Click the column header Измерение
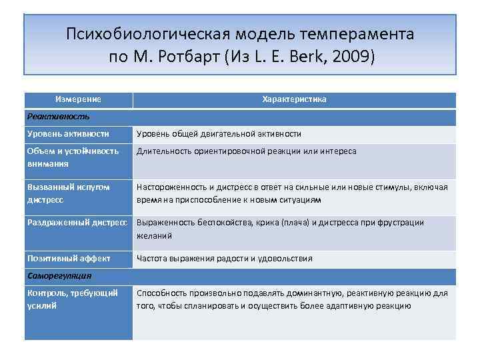click(79, 99)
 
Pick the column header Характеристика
click(294, 99)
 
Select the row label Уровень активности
click(69, 134)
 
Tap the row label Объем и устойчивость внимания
click(73, 157)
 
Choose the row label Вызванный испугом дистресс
click(69, 193)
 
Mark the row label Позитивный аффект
click(69, 259)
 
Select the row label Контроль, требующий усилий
click(72, 299)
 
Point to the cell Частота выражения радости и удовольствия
click(224, 259)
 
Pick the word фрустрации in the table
click(402, 223)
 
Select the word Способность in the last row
click(161, 293)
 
